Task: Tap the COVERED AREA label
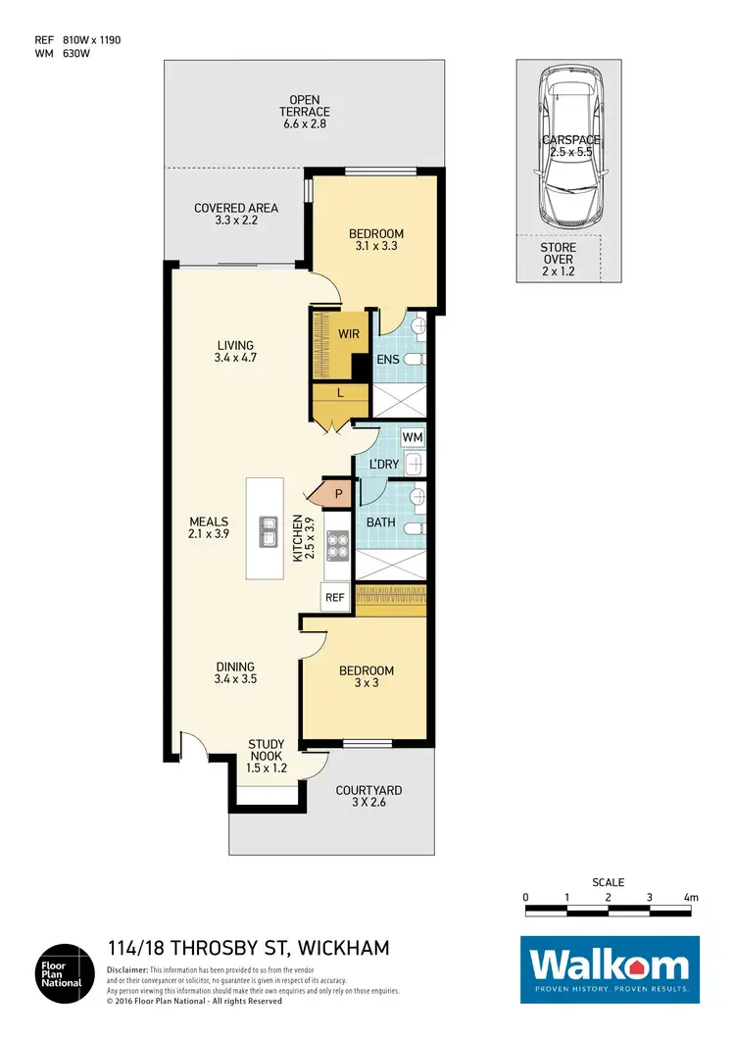pyautogui.click(x=236, y=215)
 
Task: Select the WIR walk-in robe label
pyautogui.click(x=349, y=334)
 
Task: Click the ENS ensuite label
pyautogui.click(x=388, y=360)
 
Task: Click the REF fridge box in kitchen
pyautogui.click(x=334, y=596)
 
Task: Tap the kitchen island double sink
pyautogui.click(x=267, y=531)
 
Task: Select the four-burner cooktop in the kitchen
pyautogui.click(x=338, y=545)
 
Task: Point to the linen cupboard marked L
pyautogui.click(x=339, y=393)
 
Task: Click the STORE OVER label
pyautogui.click(x=558, y=260)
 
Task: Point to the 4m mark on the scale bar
pyautogui.click(x=691, y=897)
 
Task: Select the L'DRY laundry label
pyautogui.click(x=375, y=465)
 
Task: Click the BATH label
pyautogui.click(x=380, y=522)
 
